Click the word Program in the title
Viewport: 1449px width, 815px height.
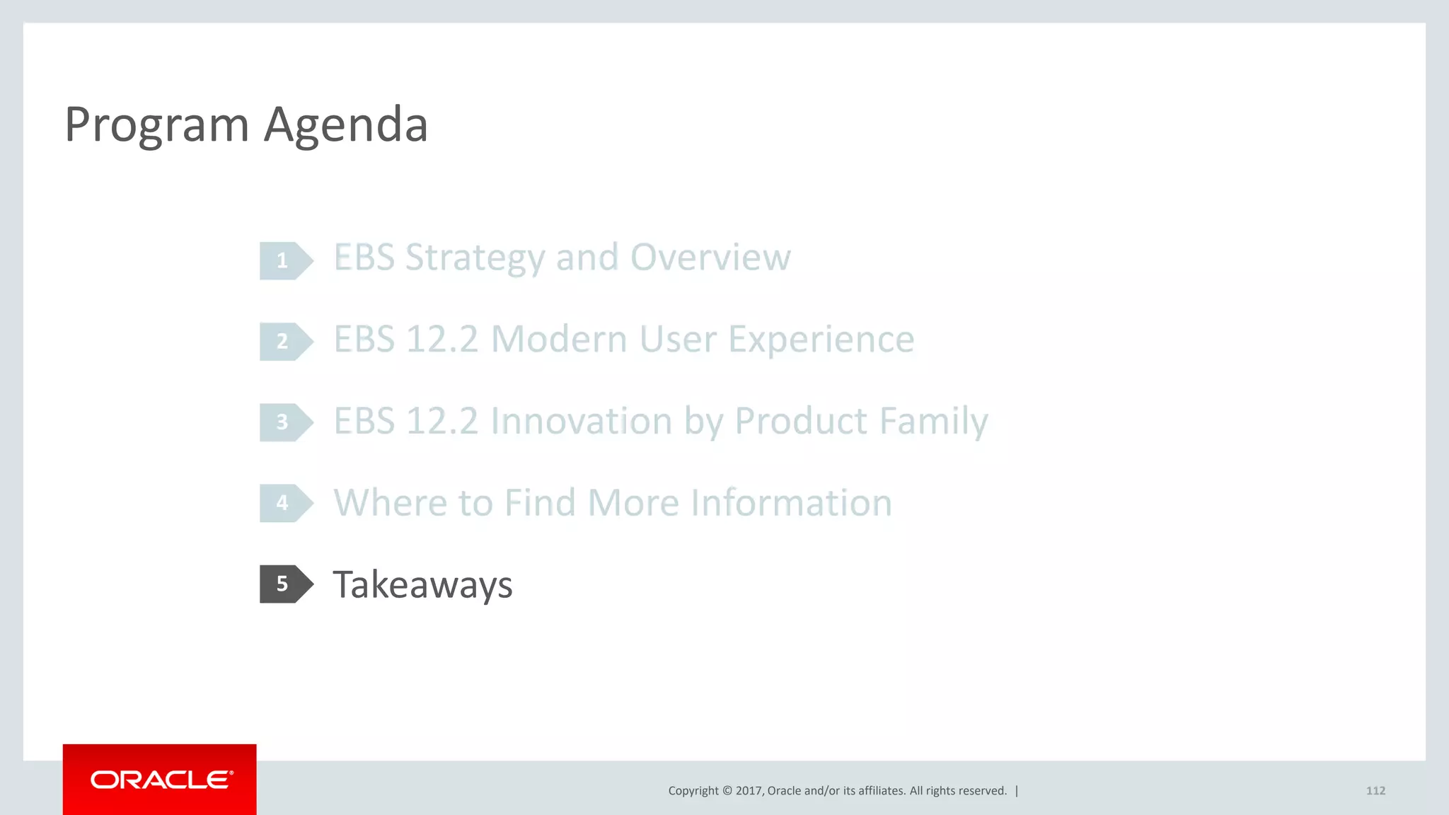click(156, 126)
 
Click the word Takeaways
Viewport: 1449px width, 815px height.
click(422, 585)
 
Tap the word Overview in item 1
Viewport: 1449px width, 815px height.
click(710, 258)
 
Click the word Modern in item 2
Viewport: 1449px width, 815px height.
click(559, 340)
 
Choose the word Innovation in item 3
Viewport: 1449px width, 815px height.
click(581, 422)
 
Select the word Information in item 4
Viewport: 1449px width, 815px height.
click(791, 503)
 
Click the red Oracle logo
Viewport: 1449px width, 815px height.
click(160, 780)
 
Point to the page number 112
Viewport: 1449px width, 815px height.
click(1375, 791)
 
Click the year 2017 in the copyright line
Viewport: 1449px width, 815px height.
click(749, 791)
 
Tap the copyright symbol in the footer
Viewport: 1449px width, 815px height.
click(727, 791)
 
